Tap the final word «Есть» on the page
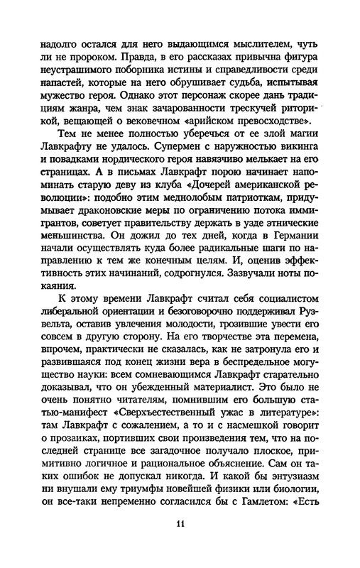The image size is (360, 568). [331, 510]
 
